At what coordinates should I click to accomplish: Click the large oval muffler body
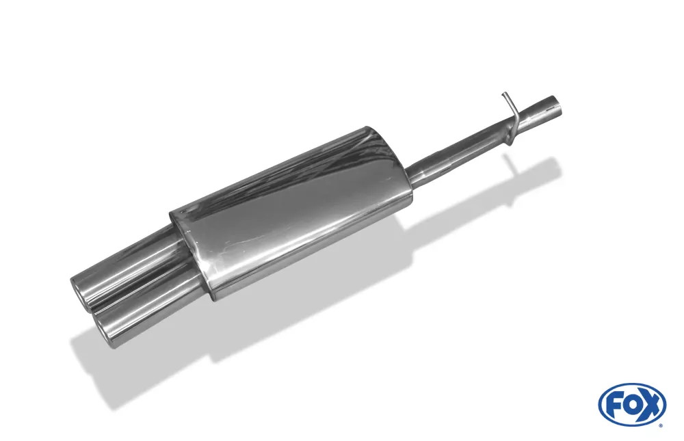pos(294,212)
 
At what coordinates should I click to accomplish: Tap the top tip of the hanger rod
pos(503,94)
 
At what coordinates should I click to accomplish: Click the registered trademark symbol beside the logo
pos(661,425)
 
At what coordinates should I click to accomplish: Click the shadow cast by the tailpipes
pos(137,369)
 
